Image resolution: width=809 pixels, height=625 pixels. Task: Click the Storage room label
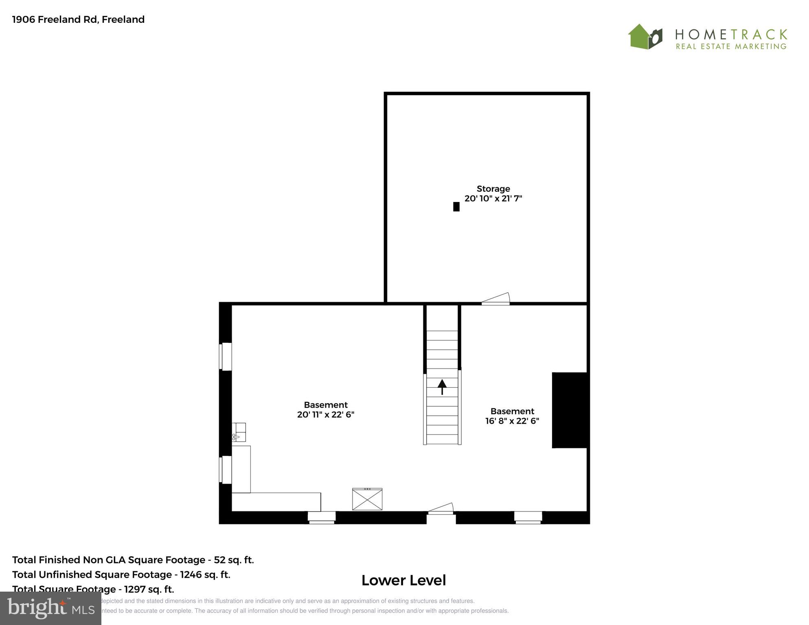(x=493, y=189)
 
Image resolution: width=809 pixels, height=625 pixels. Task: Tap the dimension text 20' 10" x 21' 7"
(x=493, y=199)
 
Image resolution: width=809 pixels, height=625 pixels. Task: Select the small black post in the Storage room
(x=456, y=207)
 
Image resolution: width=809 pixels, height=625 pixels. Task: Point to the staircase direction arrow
(x=442, y=386)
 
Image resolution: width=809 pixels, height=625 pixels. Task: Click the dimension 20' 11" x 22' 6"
(x=326, y=415)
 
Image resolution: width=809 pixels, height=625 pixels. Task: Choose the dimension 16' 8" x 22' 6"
(x=512, y=421)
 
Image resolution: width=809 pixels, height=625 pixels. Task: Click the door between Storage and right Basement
(x=495, y=299)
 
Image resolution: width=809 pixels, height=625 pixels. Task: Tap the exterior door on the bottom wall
(x=441, y=509)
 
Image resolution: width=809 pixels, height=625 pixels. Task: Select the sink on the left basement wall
(x=239, y=432)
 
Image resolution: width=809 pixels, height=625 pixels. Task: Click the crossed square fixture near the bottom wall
(x=367, y=499)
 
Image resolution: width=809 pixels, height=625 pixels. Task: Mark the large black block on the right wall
(x=570, y=410)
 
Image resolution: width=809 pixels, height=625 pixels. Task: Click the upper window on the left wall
(x=226, y=356)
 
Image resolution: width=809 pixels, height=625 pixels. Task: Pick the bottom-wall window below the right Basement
(x=528, y=517)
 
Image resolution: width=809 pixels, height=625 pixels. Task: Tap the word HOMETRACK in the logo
(x=731, y=34)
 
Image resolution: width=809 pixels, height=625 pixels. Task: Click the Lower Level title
(x=403, y=580)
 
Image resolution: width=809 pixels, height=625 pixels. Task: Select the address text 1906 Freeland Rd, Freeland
(x=79, y=20)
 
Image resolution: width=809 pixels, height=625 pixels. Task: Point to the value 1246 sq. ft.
(x=205, y=575)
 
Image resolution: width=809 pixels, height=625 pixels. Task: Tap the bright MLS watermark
(x=50, y=608)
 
